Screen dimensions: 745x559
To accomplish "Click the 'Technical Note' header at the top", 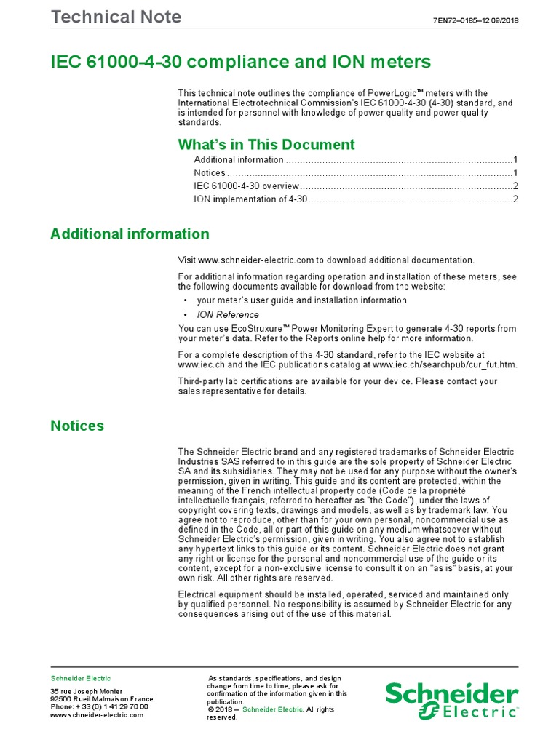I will click(x=116, y=17).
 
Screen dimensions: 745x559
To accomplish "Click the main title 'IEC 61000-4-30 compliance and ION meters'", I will click(x=240, y=63).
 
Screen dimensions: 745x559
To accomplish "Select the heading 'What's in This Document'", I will click(x=266, y=144).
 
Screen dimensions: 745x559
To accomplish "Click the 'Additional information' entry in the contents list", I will click(x=239, y=160).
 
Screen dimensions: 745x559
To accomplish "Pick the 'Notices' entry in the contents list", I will click(x=210, y=173).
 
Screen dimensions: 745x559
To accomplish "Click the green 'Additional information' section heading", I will click(x=130, y=234).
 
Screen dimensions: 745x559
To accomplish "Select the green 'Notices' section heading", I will click(x=77, y=426).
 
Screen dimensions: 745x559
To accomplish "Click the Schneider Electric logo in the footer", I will click(x=451, y=699).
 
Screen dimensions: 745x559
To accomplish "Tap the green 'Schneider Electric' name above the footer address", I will click(x=80, y=678).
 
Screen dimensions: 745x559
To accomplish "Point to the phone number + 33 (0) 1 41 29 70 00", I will click(x=99, y=706).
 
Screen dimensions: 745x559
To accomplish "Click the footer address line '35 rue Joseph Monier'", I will click(x=87, y=690).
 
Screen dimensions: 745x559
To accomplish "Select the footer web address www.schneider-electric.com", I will click(x=96, y=715).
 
